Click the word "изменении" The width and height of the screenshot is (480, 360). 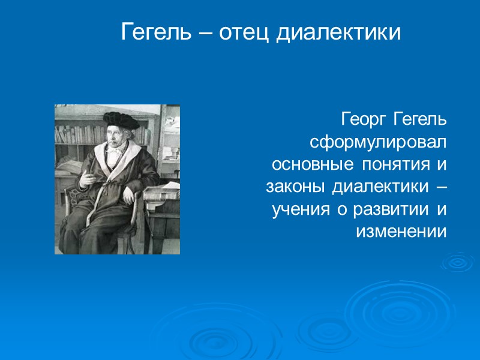[401, 231]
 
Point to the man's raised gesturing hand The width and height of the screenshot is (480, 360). [87, 178]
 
